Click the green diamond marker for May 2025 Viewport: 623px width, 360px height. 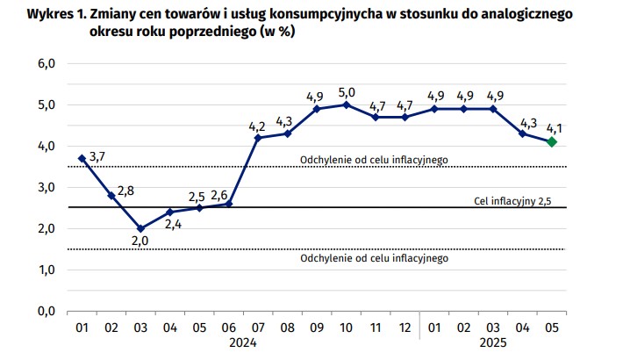point(551,142)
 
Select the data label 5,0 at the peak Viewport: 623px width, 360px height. point(347,91)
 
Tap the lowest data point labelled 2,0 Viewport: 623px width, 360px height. point(140,228)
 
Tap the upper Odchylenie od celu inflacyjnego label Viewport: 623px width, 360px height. point(374,159)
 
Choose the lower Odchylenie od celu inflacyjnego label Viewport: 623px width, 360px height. point(374,259)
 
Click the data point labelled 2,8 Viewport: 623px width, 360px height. point(111,195)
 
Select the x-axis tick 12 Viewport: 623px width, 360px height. point(405,328)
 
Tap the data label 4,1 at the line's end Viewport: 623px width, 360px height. point(554,128)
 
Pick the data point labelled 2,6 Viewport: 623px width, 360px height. point(228,204)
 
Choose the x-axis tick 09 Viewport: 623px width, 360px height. point(317,328)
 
